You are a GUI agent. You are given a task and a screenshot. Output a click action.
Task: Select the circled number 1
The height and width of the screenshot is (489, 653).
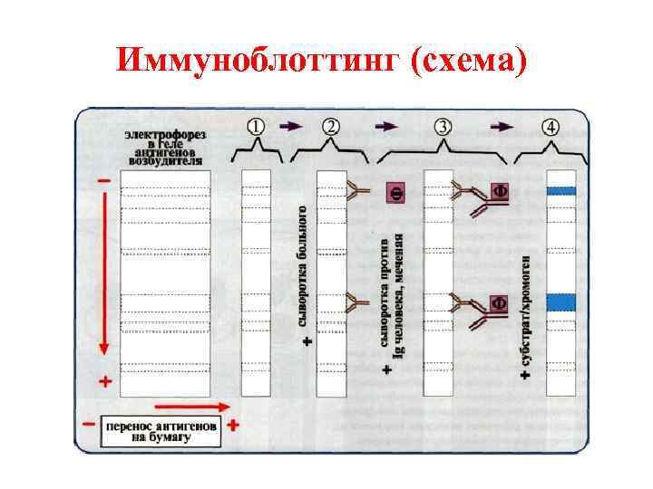coord(256,127)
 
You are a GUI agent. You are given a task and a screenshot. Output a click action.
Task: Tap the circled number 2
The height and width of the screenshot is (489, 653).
coord(331,127)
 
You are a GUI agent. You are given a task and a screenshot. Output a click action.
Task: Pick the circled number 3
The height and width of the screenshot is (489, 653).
coord(443,127)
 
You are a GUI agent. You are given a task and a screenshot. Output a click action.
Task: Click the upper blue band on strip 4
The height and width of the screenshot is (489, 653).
coord(561,191)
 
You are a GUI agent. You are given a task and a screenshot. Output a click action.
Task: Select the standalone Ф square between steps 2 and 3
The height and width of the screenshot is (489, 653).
coord(395,192)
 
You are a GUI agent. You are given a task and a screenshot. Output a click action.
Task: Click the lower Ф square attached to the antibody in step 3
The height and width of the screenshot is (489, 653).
coord(498,302)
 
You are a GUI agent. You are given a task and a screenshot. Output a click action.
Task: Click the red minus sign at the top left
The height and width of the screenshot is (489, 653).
coord(105,181)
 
